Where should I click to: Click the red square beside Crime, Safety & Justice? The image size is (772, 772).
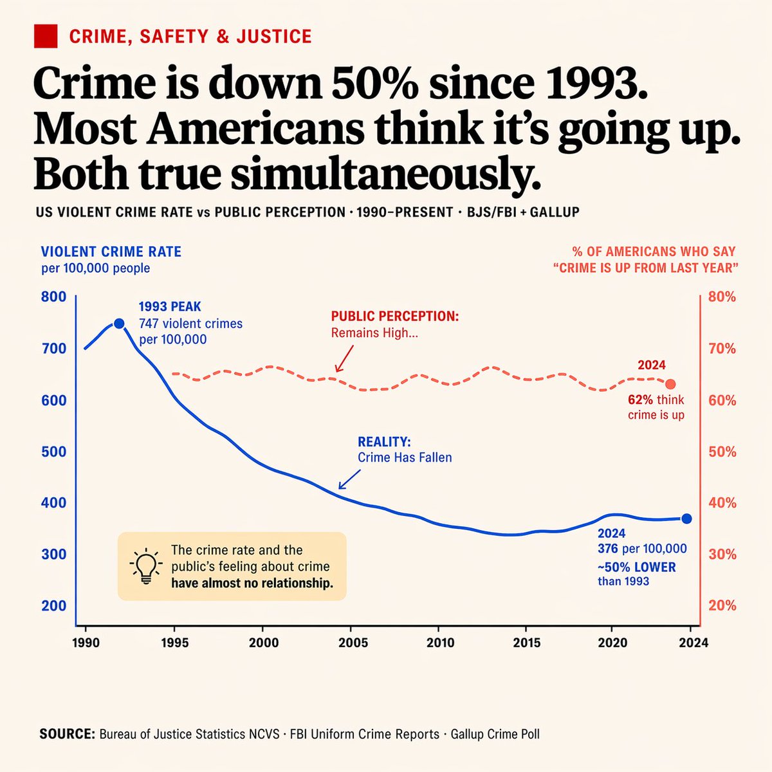[x=46, y=36]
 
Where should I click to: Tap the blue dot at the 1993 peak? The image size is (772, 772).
[x=118, y=323]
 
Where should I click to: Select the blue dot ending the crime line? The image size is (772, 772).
[x=686, y=519]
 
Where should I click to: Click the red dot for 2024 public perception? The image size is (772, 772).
[x=670, y=384]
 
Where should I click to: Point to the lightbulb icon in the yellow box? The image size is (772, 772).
[x=145, y=566]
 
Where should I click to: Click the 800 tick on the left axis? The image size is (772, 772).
[x=53, y=297]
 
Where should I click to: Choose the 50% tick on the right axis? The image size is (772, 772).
[x=722, y=452]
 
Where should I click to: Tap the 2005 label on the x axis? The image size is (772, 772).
[x=353, y=643]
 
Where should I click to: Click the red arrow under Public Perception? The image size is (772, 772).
[x=345, y=358]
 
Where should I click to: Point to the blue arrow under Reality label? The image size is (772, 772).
[x=349, y=479]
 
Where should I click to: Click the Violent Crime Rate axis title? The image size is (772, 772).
[x=111, y=252]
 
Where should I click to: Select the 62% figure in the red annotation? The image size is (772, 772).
[x=641, y=400]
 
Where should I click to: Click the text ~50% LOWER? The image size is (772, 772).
[x=637, y=567]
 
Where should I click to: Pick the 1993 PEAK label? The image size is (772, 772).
[x=170, y=308]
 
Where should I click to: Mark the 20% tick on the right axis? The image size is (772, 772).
[x=722, y=605]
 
